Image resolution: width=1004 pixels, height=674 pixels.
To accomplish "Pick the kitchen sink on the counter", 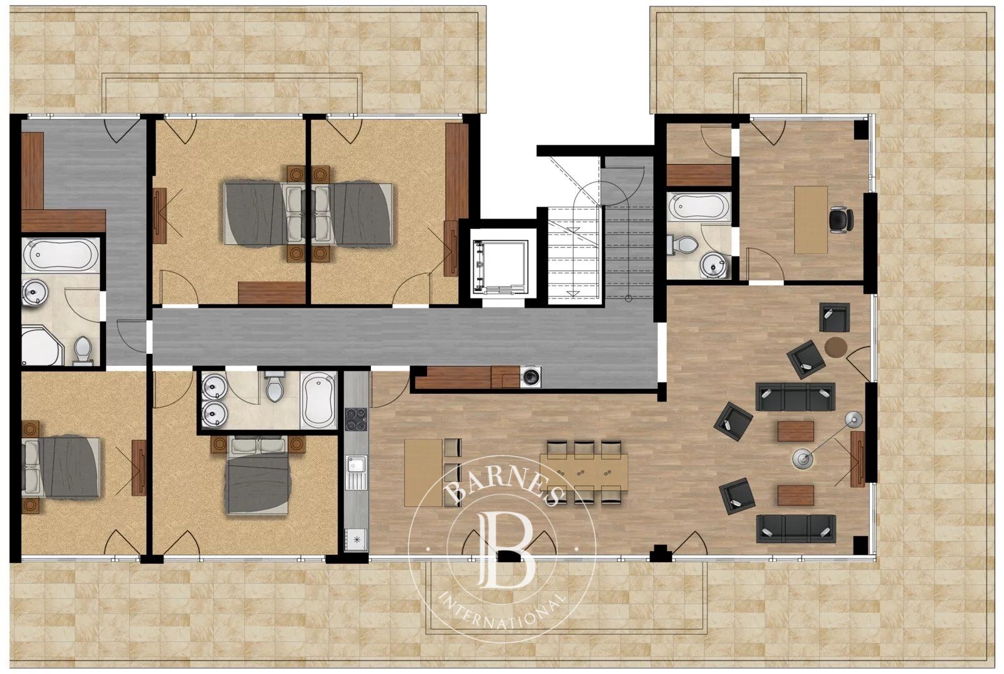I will (357, 466).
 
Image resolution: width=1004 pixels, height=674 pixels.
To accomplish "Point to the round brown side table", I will (836, 346).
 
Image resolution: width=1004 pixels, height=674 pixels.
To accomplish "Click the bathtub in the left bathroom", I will (60, 255).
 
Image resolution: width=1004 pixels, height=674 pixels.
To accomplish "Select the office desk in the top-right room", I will (810, 220).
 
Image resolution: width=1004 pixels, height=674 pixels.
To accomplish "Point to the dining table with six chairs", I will (584, 471).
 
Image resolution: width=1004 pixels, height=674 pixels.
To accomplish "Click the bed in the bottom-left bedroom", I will (61, 466).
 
